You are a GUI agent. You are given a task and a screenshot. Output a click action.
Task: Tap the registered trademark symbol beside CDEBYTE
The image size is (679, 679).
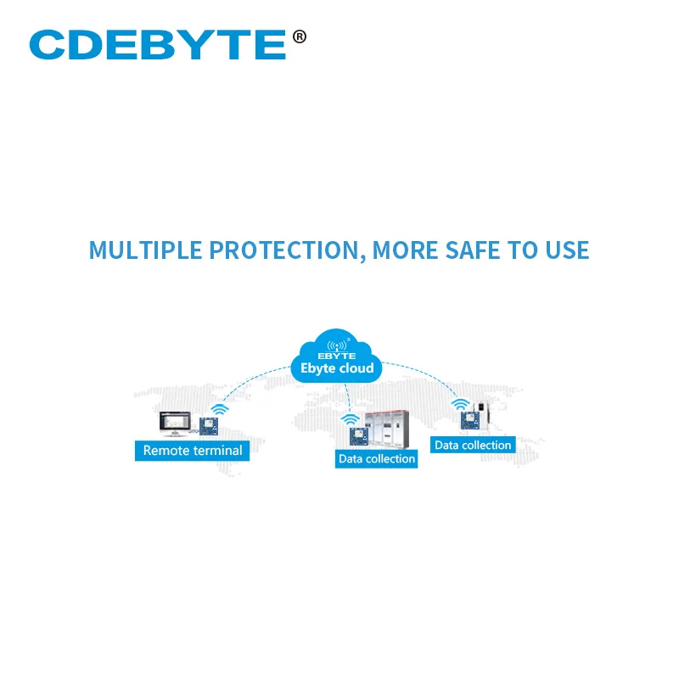click(299, 36)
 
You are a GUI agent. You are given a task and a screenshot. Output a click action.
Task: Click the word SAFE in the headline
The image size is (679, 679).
click(480, 250)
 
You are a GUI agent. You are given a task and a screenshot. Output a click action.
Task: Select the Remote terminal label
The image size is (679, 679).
click(193, 451)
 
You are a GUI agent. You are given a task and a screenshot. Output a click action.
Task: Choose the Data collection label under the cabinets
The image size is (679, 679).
click(377, 459)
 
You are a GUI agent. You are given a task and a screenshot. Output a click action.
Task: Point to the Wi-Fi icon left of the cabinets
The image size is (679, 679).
click(349, 418)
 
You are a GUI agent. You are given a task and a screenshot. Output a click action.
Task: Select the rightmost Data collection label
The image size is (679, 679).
click(473, 445)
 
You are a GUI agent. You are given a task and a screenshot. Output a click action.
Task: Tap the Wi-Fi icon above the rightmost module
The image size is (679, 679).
click(460, 403)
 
